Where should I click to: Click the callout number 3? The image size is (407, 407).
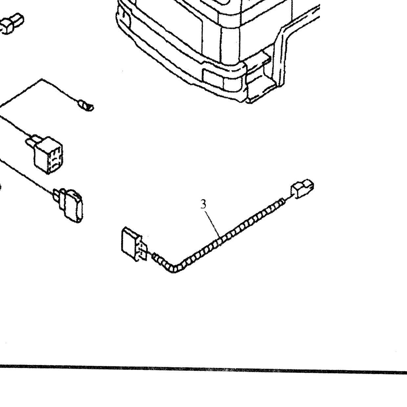[203, 204]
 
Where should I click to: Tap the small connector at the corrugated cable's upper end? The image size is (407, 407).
[302, 189]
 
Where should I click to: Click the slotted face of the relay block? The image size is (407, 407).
[55, 160]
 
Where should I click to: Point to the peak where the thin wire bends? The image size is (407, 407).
[42, 79]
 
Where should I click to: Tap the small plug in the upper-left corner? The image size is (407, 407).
[11, 24]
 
